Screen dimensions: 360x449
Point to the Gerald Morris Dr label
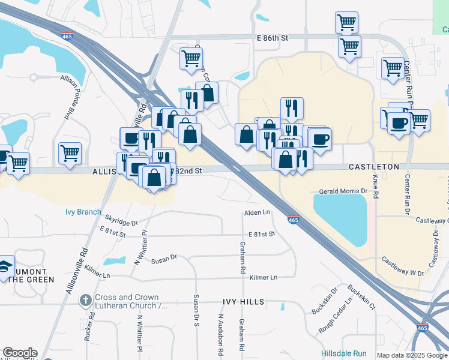(343, 191)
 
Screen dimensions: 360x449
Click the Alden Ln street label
(257, 212)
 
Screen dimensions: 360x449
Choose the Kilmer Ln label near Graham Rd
(264, 277)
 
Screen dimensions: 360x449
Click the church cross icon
(86, 299)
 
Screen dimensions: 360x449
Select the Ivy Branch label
(83, 212)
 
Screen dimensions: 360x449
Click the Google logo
(20, 353)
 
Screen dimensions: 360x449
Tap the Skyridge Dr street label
(121, 222)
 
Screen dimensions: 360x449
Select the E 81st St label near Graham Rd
(261, 234)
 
